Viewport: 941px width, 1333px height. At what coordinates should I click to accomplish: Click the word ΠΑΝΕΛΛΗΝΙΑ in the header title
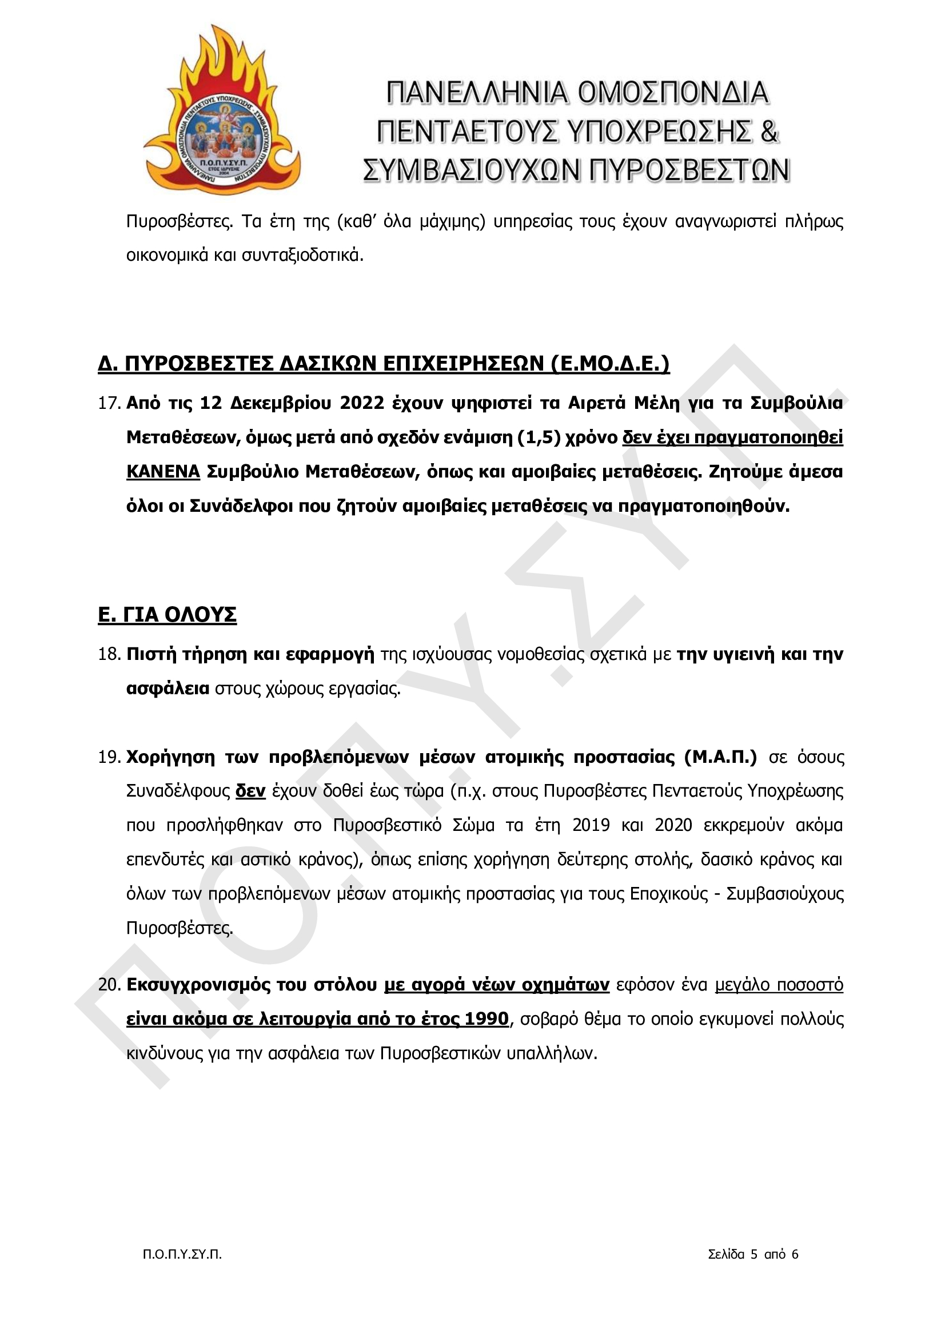pyautogui.click(x=477, y=93)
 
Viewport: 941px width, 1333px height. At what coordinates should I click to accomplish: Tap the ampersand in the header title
pyautogui.click(x=768, y=131)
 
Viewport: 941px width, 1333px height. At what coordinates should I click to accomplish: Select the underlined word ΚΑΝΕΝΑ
pyautogui.click(x=163, y=471)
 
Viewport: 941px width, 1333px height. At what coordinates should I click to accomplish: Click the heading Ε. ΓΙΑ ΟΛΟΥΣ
pyautogui.click(x=167, y=614)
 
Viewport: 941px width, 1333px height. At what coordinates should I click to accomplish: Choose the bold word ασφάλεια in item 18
pyautogui.click(x=168, y=689)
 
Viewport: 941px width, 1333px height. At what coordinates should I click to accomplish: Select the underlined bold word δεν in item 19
pyautogui.click(x=250, y=791)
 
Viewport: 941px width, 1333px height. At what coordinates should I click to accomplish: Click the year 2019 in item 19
pyautogui.click(x=591, y=825)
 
